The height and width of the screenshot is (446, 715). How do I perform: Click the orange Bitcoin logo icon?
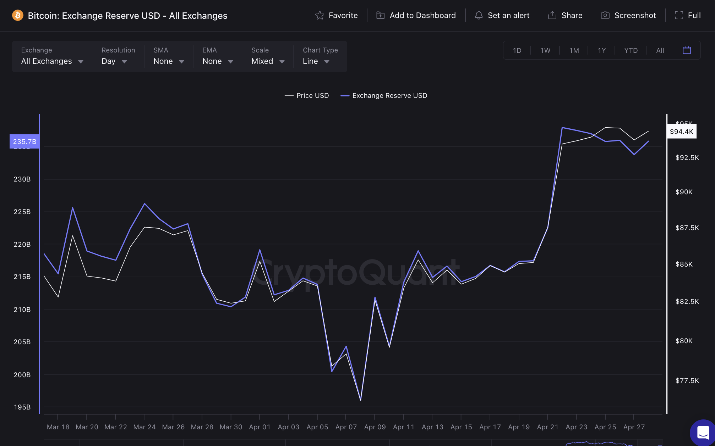(17, 16)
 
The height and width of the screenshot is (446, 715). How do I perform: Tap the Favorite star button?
(336, 16)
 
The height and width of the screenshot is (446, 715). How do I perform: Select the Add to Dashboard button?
(416, 16)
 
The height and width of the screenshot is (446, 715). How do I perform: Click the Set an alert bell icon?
(479, 16)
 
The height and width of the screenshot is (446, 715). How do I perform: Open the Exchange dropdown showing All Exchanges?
(52, 61)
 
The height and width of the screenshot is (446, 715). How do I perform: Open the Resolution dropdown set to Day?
(114, 61)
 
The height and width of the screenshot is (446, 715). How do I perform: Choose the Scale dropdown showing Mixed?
(268, 61)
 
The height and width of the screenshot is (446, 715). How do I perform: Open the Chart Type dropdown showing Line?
(316, 61)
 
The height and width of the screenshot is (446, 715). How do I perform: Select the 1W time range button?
(545, 50)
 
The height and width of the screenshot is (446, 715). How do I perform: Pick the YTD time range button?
(631, 50)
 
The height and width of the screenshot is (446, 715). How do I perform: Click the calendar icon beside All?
(687, 50)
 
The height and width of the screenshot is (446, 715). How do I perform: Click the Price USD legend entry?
(307, 96)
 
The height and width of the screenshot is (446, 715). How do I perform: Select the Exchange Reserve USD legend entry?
(384, 96)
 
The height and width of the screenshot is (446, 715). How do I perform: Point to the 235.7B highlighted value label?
(24, 141)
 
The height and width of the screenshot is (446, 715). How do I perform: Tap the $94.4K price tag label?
(681, 132)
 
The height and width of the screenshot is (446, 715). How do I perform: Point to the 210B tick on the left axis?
(22, 310)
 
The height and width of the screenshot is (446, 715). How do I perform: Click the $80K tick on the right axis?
(684, 341)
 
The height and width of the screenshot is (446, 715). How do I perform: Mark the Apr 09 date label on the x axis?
(375, 427)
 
